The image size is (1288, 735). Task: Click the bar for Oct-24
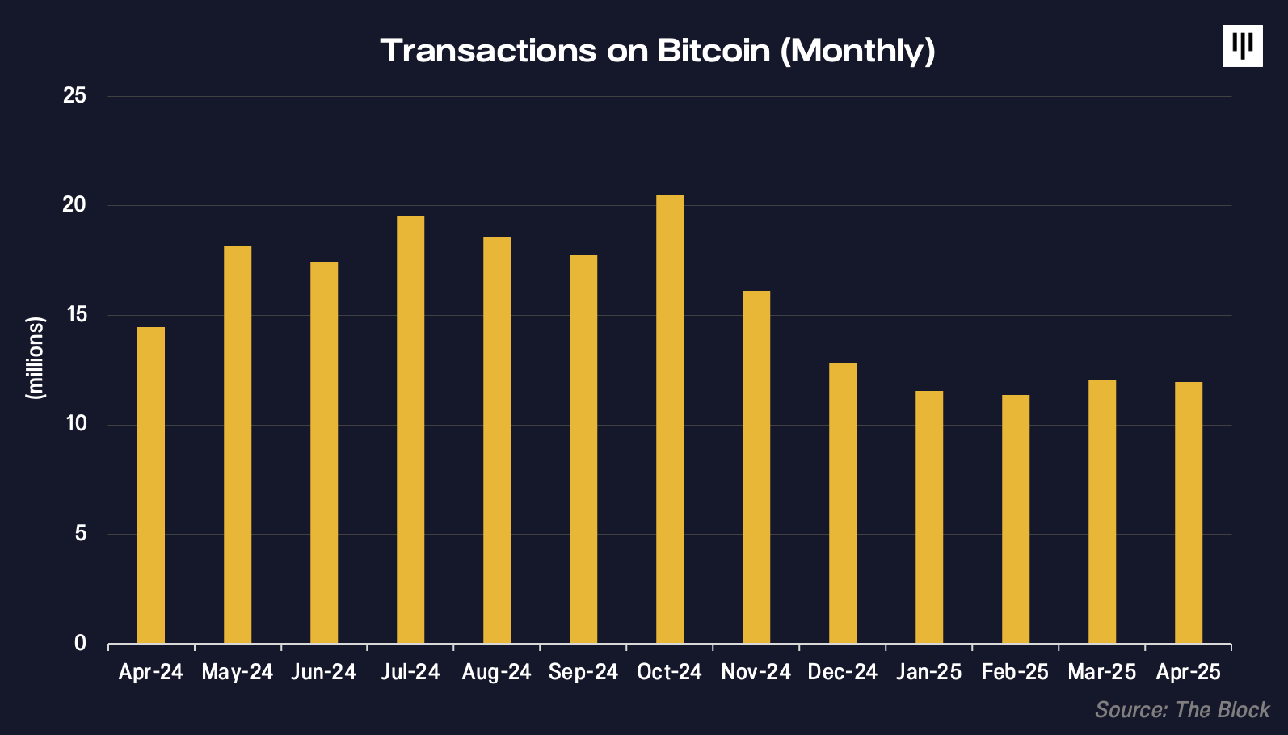click(670, 419)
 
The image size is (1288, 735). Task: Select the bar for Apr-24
click(151, 485)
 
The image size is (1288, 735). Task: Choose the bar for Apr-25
click(1189, 512)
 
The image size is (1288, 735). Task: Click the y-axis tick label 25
click(74, 95)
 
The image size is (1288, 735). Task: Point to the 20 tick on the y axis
click(74, 204)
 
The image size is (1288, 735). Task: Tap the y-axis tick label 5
click(80, 533)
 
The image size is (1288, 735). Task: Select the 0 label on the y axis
click(80, 643)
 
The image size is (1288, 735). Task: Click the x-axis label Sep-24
click(583, 672)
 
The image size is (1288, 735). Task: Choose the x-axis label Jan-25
click(928, 672)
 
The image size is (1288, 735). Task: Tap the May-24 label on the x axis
click(237, 672)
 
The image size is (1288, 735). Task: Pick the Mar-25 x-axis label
click(1101, 672)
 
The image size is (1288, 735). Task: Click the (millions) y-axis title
click(36, 358)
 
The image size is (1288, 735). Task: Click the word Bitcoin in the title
click(713, 51)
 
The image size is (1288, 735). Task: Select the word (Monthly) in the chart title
click(857, 51)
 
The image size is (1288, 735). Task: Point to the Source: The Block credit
click(1182, 710)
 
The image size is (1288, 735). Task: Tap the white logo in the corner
click(1242, 46)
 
